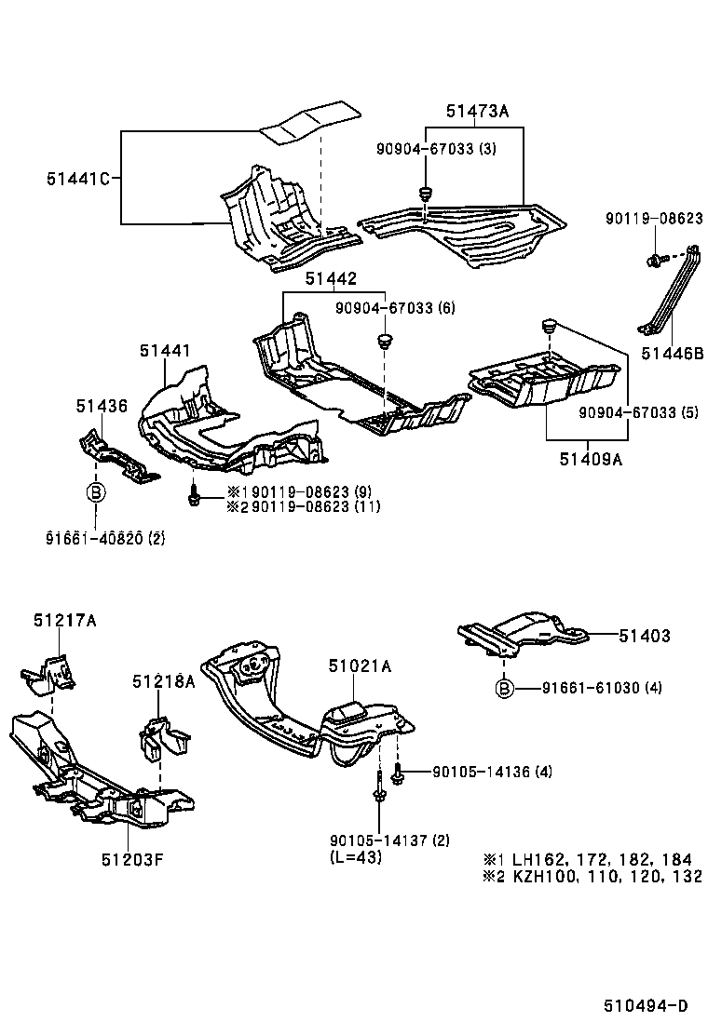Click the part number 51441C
tap(78, 178)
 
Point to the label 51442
tap(328, 279)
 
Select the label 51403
tap(645, 637)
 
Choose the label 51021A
tap(360, 665)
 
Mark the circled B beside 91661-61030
tap(503, 689)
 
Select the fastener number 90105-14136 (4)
tap(492, 772)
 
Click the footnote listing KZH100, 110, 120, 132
tap(591, 877)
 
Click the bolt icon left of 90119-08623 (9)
tap(195, 496)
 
